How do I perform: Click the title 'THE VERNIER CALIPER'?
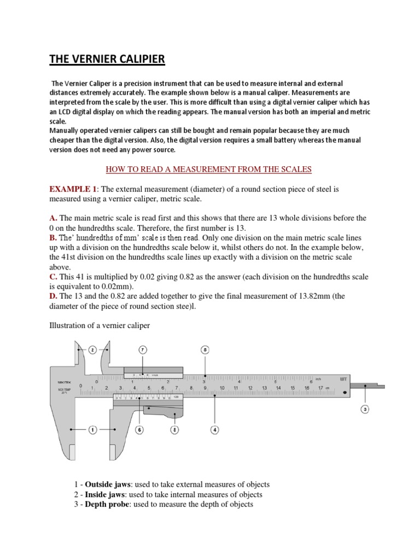(x=107, y=59)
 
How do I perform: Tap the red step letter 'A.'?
(x=54, y=218)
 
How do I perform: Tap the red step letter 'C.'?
(x=54, y=277)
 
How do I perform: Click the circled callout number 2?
(x=92, y=349)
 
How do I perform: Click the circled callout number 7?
(x=143, y=349)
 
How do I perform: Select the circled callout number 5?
(x=205, y=349)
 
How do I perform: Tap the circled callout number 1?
(x=92, y=430)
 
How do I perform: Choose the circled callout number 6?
(x=139, y=430)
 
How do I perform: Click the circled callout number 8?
(x=175, y=430)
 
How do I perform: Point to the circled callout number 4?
(x=215, y=430)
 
